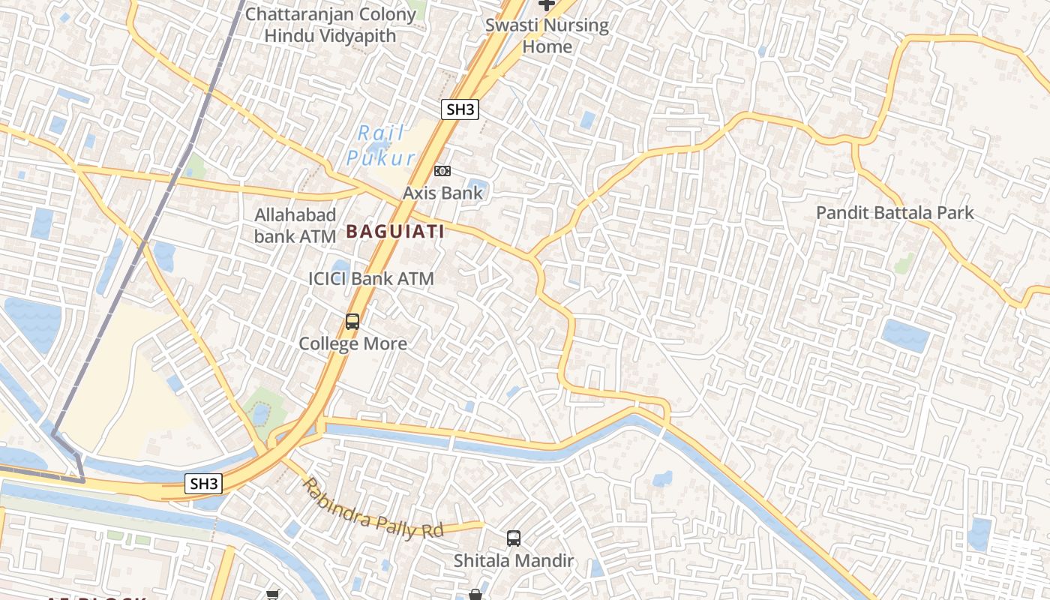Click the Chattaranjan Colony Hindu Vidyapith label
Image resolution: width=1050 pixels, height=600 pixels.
[330, 25]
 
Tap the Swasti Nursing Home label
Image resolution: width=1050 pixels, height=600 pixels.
[547, 35]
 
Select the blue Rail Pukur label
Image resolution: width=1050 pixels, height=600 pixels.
[381, 145]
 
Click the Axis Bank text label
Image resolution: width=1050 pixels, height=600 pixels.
[443, 193]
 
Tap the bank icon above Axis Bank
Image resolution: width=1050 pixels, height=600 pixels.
[442, 171]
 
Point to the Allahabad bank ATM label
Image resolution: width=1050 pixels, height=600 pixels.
[295, 226]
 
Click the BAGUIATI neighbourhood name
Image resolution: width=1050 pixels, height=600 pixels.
[395, 232]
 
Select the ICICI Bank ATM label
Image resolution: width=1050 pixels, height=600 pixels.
[371, 279]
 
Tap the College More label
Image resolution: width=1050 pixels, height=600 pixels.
[352, 343]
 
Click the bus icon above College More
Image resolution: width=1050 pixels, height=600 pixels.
[352, 322]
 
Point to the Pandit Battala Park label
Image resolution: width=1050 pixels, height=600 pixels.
[895, 213]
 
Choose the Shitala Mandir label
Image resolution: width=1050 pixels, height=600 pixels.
[514, 560]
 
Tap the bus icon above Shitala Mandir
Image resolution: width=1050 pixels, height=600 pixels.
[514, 538]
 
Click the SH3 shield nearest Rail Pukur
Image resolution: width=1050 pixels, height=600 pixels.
[460, 109]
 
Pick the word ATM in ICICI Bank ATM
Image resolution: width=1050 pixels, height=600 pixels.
[416, 279]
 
